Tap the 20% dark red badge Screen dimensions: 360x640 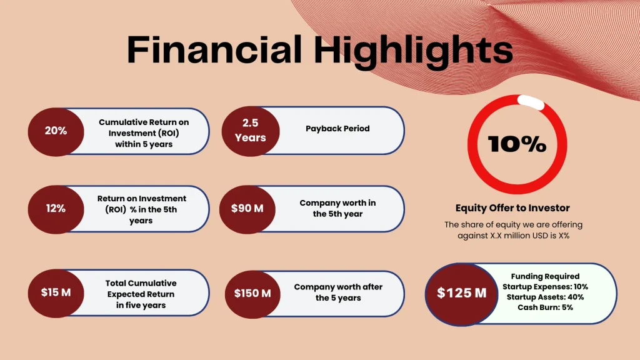[x=56, y=131]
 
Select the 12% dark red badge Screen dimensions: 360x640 [x=56, y=209]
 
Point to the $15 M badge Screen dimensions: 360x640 [x=56, y=292]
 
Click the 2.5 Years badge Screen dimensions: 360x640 [x=250, y=131]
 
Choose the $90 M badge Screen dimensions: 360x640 [x=247, y=209]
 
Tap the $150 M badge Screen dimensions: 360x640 [x=252, y=293]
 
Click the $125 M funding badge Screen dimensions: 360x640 [x=462, y=293]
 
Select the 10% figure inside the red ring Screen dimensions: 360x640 [x=517, y=144]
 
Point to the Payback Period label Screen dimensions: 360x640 [x=337, y=129]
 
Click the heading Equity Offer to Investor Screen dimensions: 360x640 [x=512, y=208]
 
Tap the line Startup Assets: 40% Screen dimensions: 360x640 [x=545, y=297]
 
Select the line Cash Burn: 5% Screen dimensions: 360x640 [x=545, y=307]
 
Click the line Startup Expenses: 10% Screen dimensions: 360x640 [x=545, y=287]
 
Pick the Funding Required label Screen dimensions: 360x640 [x=545, y=276]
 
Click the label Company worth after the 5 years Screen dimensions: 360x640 [x=338, y=292]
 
